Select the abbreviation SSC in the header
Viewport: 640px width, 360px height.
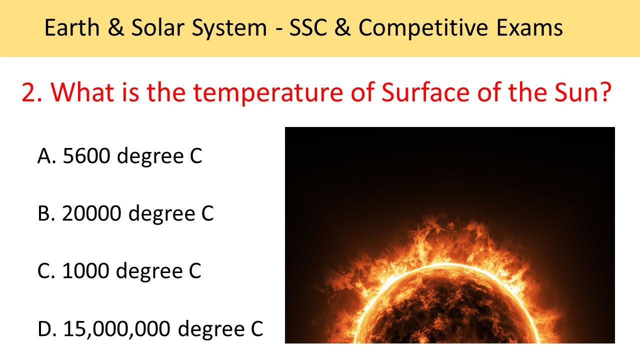pos(312,28)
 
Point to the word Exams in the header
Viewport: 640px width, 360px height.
pos(530,28)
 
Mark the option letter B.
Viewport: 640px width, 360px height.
pos(44,214)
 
